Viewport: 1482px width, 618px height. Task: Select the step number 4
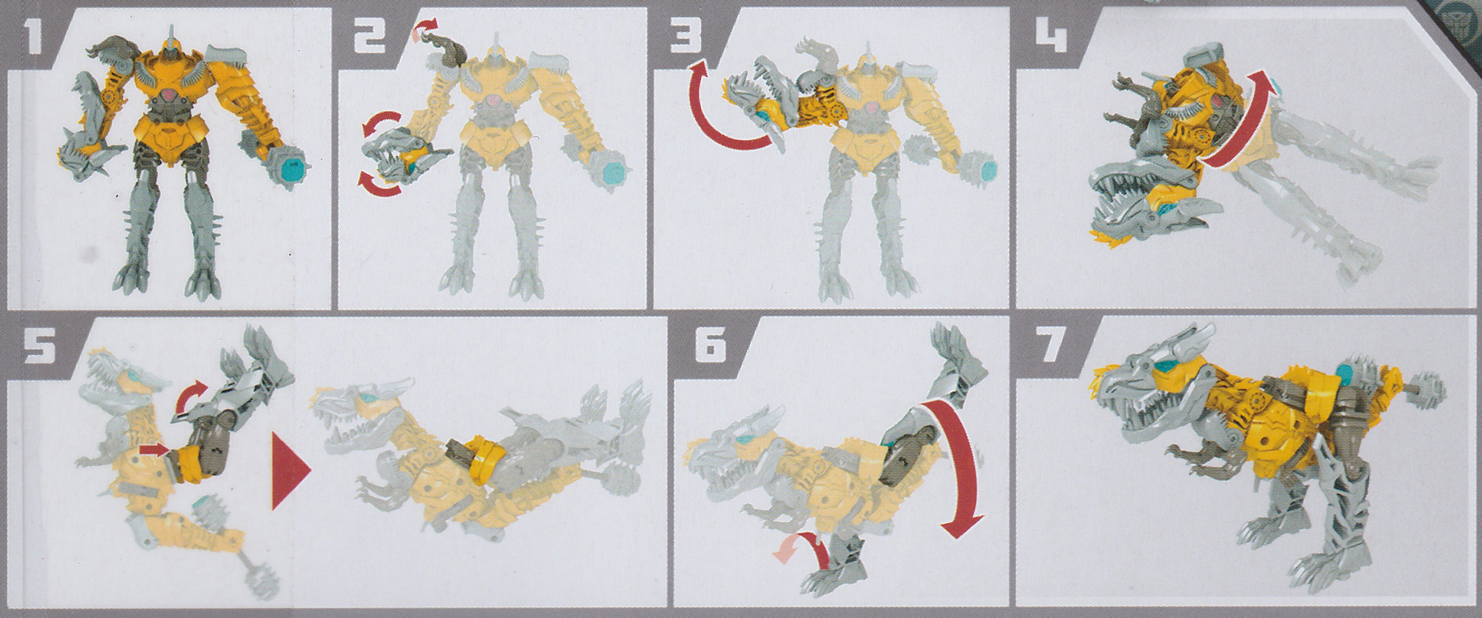click(x=1049, y=37)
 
